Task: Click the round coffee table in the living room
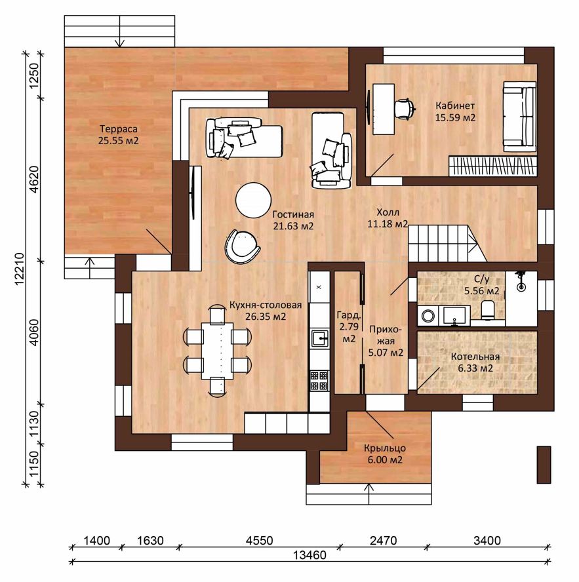click(x=253, y=200)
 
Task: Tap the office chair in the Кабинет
click(x=404, y=108)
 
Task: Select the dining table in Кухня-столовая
click(x=218, y=351)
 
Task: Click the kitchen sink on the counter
click(x=320, y=338)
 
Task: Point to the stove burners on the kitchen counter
click(x=320, y=380)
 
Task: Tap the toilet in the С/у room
click(x=487, y=309)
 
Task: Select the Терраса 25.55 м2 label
click(x=119, y=135)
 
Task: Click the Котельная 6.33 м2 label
click(x=475, y=362)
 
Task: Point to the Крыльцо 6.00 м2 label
click(x=385, y=454)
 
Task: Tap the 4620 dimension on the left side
click(x=34, y=180)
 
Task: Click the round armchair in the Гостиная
click(x=242, y=246)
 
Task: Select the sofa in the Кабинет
click(x=519, y=117)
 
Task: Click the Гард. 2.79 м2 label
click(x=349, y=327)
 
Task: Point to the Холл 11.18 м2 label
click(x=388, y=218)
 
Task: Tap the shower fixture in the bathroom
click(x=521, y=281)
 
